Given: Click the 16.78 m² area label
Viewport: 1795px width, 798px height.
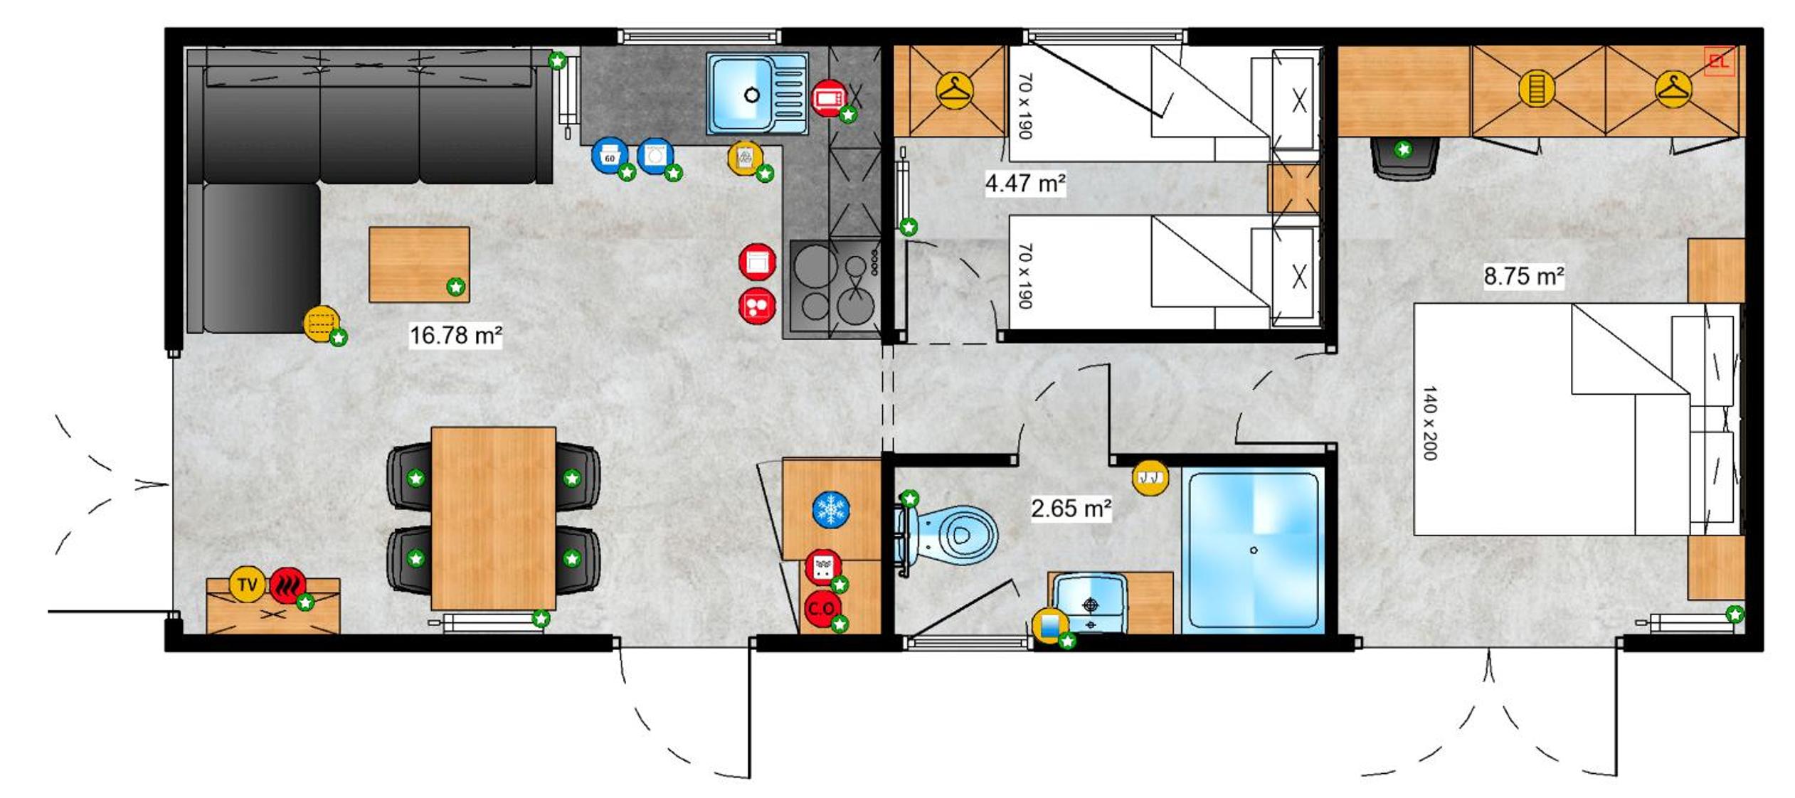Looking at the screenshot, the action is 456,335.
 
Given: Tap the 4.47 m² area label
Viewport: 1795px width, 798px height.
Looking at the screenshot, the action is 1024,183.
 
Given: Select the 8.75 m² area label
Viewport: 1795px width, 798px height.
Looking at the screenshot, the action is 1523,276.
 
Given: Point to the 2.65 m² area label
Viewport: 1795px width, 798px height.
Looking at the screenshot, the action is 1071,509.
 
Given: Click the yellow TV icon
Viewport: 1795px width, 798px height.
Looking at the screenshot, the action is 247,585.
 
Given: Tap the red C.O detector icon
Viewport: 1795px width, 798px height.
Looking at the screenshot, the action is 822,609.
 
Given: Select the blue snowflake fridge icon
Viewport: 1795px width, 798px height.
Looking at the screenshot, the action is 830,510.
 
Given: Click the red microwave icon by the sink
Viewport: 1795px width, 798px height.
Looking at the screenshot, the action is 829,97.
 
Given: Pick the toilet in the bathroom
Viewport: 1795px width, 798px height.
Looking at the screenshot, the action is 946,535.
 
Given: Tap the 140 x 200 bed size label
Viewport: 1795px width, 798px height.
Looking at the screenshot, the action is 1430,422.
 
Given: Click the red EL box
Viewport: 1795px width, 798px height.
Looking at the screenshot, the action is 1720,62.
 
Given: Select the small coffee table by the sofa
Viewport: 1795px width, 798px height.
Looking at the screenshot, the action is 419,265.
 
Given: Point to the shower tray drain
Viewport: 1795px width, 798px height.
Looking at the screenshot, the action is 1254,550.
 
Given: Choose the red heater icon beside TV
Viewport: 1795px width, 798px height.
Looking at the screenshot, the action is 288,585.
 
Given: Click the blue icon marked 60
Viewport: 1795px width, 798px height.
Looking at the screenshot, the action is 610,156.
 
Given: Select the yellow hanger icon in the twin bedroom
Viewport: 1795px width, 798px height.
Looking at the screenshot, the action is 954,90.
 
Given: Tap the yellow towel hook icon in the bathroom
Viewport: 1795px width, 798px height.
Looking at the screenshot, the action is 1150,477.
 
